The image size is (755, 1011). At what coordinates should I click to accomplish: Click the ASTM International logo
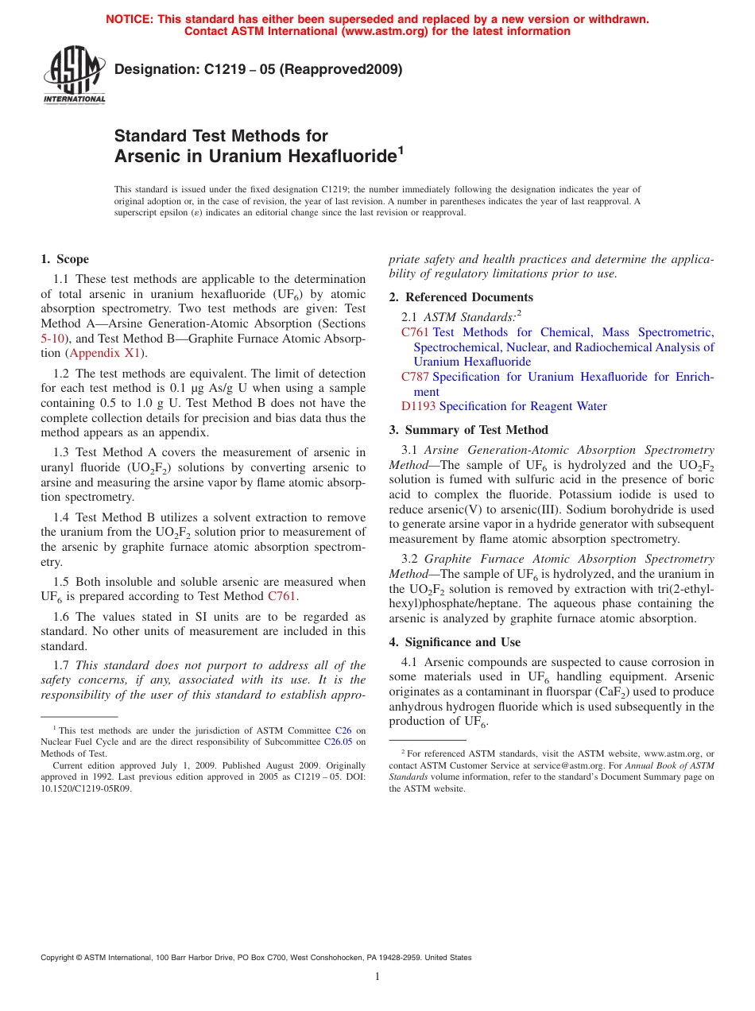pos(74,75)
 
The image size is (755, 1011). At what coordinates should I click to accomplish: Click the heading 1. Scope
pos(64,259)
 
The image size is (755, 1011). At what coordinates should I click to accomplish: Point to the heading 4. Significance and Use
pos(455,642)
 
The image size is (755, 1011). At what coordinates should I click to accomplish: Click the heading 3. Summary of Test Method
pos(468,430)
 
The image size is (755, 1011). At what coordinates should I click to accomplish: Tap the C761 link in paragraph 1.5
pos(281,596)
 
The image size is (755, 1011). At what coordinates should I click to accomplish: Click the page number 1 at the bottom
pos(377,977)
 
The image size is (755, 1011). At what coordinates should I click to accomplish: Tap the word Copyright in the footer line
pos(60,958)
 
